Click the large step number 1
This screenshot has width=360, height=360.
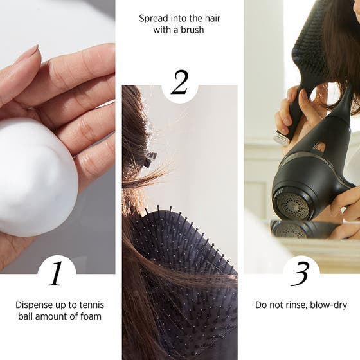point(56,273)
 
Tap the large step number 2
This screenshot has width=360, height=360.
point(179,83)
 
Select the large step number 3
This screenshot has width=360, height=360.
point(301,273)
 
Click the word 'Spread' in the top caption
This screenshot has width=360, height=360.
point(154,18)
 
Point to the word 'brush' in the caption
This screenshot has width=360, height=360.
point(193,30)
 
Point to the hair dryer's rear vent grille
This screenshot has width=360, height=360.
point(292,204)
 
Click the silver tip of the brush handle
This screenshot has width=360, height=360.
point(281,138)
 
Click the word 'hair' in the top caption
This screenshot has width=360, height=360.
point(207,18)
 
